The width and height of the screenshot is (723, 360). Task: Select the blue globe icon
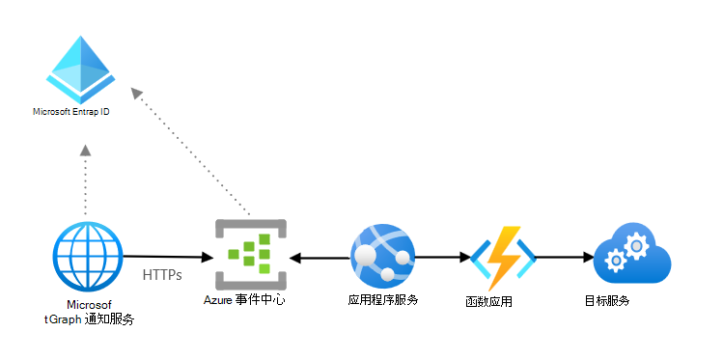[x=88, y=256]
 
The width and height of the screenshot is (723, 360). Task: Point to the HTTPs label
[x=162, y=275]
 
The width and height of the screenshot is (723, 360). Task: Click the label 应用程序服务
[x=383, y=300]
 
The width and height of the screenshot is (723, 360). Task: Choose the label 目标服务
[x=608, y=300]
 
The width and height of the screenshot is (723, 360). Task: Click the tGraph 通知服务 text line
[x=90, y=318]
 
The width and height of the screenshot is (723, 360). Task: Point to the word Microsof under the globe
[x=90, y=304]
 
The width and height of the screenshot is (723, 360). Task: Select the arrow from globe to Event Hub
[x=168, y=257]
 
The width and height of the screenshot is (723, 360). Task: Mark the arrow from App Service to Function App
[x=439, y=258]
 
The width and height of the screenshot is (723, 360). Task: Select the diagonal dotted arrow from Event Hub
[x=193, y=154]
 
